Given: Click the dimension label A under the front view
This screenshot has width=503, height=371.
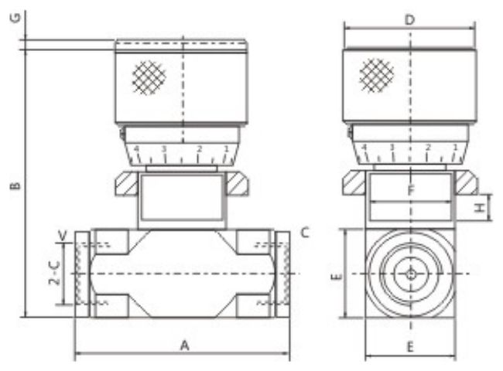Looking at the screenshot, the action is point(184,345).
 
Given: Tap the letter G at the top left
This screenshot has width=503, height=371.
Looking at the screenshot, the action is point(15,18).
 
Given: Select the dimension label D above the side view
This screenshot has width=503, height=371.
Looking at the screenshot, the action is point(409,20).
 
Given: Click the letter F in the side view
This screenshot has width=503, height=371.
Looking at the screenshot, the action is point(411,191).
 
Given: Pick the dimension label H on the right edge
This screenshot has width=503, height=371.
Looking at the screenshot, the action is point(480,208).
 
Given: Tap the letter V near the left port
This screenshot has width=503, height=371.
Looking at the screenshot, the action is point(63,236).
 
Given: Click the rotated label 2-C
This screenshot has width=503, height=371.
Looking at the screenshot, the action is point(55,274).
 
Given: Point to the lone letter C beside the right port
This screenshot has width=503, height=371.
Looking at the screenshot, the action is point(305,233).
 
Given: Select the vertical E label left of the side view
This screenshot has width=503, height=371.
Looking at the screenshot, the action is point(337,276).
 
